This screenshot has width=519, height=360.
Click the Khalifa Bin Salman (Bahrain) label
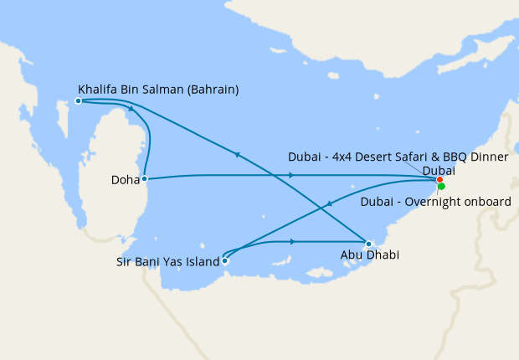pos(158,89)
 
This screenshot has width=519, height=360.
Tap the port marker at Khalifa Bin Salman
pos(78,100)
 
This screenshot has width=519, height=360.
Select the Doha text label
pos(125,179)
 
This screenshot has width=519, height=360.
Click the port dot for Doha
pos(145,178)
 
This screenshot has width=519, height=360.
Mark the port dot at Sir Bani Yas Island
pos(224,260)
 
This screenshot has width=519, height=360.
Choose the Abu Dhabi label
pos(369,255)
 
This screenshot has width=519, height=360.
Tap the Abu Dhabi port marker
pos(368,244)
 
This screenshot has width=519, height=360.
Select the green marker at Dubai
pos(442,186)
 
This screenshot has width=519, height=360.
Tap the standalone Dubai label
pos(439,170)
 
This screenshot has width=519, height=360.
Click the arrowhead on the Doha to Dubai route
pos(291,175)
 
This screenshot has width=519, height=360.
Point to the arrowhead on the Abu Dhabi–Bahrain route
pos(239,155)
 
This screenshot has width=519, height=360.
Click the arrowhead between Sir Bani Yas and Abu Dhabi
pos(292,241)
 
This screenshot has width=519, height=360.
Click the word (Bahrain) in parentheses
pos(214,89)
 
